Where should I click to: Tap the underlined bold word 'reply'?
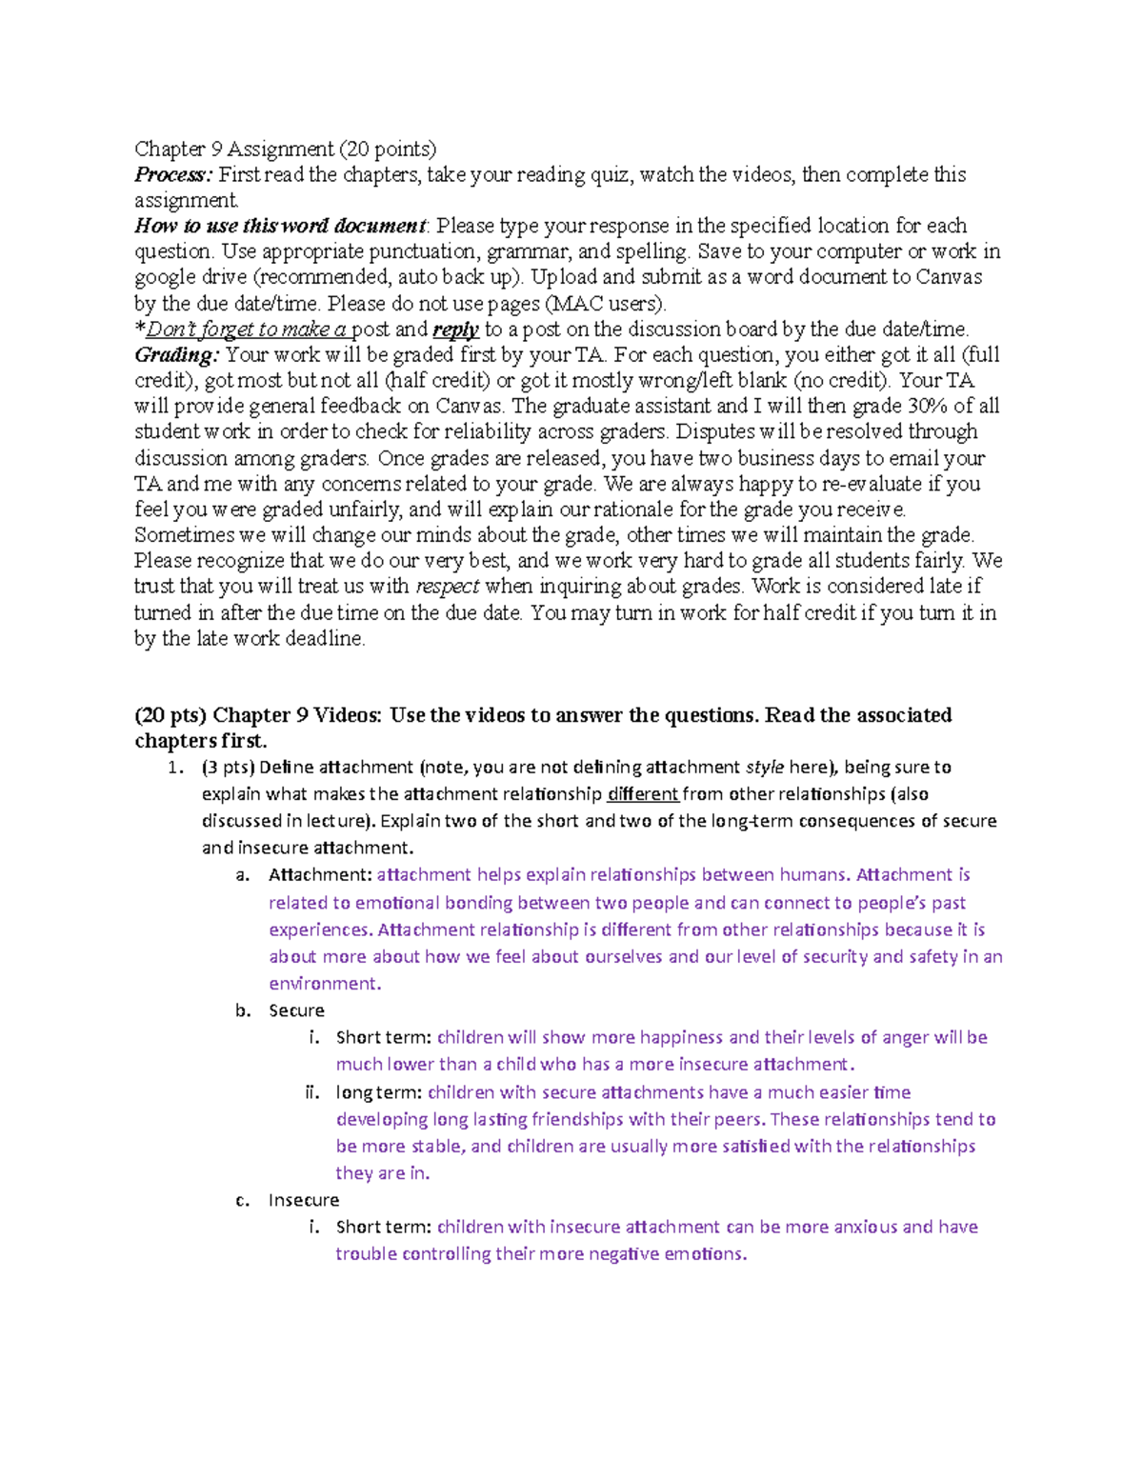(x=455, y=330)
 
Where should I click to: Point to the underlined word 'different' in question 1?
(x=643, y=794)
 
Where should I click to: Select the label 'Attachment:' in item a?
(x=320, y=875)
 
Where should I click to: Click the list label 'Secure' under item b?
(x=296, y=1010)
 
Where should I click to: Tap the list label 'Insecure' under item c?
(x=304, y=1200)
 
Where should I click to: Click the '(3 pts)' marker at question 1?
(x=227, y=768)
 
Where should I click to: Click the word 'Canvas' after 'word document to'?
(x=948, y=278)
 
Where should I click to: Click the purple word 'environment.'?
(x=325, y=984)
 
